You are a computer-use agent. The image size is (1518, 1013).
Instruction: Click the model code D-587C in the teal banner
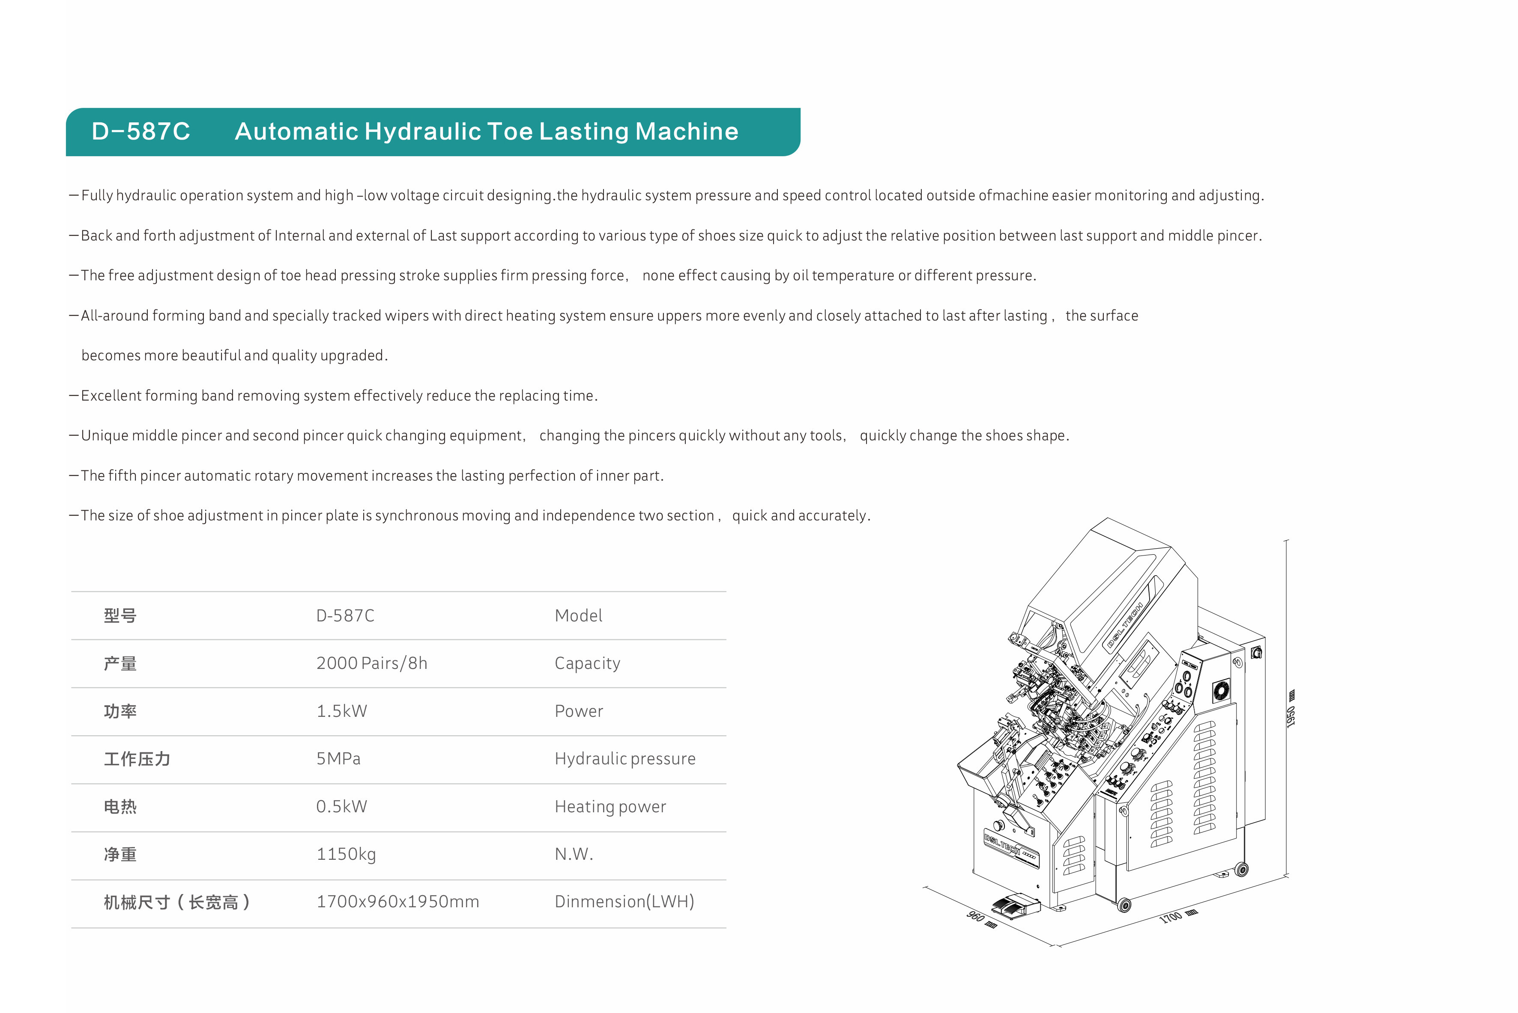[x=141, y=131]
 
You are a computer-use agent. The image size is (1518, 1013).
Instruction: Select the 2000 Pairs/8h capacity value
[x=372, y=663]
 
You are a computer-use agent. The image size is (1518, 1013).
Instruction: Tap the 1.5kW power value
[x=341, y=711]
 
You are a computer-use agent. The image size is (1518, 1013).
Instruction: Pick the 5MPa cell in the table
[x=338, y=758]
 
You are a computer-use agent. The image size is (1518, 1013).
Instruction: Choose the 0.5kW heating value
[x=341, y=806]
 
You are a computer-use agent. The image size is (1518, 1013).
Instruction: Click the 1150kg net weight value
[x=346, y=854]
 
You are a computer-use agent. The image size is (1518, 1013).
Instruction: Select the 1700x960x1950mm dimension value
[x=397, y=902]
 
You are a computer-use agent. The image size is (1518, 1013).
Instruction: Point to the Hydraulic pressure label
[x=625, y=758]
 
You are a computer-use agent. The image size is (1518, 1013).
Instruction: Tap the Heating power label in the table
[x=610, y=806]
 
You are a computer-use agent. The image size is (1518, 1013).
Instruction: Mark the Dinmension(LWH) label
[x=624, y=902]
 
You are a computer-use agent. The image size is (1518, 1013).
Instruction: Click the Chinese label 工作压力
[x=137, y=758]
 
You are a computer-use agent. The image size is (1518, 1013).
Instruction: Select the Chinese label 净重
[x=120, y=854]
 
